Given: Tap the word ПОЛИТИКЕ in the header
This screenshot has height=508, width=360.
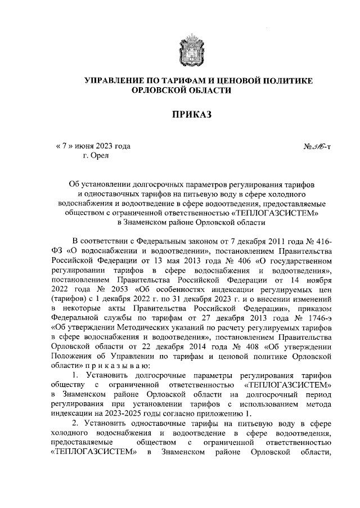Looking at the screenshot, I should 285,81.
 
